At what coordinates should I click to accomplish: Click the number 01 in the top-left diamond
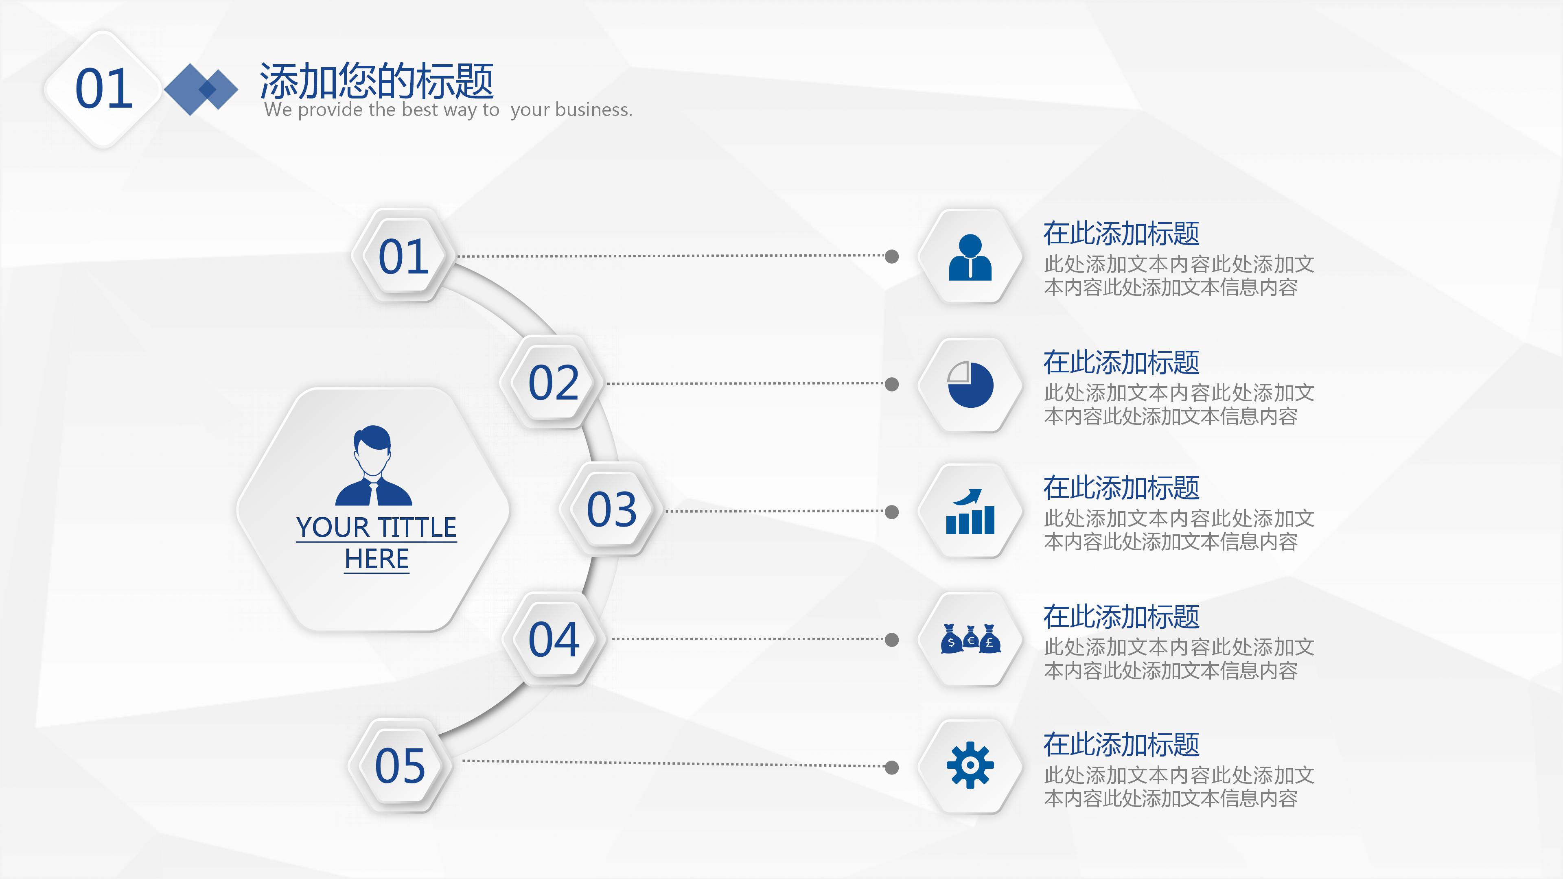point(104,89)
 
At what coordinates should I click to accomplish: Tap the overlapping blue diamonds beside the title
point(201,89)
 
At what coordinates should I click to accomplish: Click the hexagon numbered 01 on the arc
point(403,256)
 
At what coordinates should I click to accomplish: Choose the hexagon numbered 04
point(554,639)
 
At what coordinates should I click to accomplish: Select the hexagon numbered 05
point(400,765)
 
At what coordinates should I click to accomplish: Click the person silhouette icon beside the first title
point(970,257)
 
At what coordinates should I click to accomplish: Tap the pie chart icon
point(970,385)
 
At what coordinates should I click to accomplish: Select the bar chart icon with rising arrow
point(970,512)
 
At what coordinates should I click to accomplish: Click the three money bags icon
point(970,639)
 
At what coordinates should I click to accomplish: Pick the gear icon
point(970,765)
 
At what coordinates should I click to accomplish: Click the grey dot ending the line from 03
point(892,512)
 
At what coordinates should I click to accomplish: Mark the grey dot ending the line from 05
point(892,767)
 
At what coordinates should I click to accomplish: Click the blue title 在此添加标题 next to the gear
point(1121,745)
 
